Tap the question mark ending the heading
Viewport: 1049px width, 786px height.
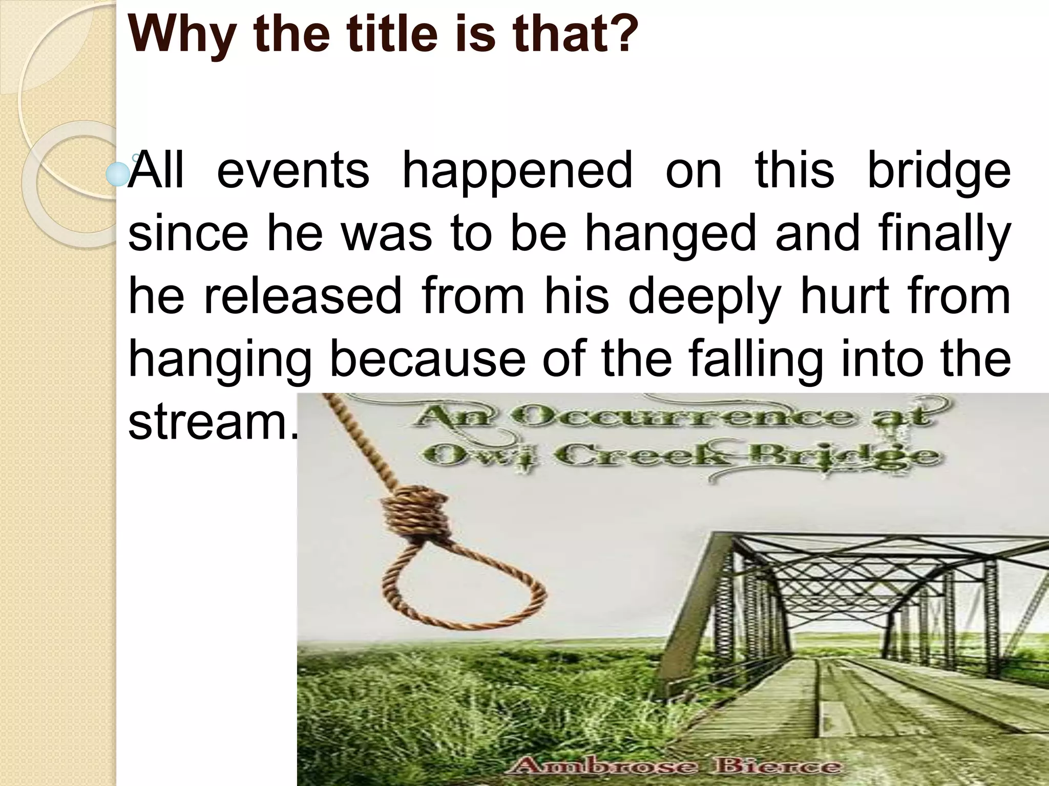click(620, 32)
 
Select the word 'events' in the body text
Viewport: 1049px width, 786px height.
click(292, 170)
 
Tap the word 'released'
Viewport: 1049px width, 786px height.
click(303, 296)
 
